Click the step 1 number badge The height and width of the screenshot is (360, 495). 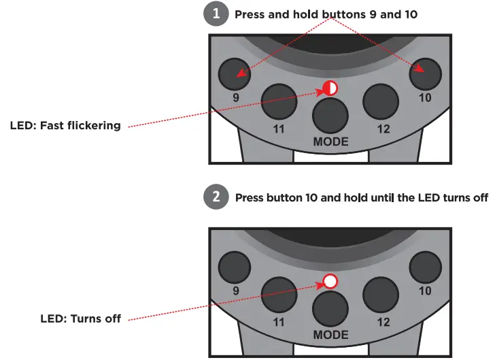216,15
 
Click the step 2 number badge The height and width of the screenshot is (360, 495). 216,198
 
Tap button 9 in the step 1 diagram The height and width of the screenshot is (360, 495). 234,73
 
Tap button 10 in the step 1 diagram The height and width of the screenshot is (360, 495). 426,73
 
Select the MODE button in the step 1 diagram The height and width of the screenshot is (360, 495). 330,115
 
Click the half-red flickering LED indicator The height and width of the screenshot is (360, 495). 330,88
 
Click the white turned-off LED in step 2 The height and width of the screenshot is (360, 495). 330,281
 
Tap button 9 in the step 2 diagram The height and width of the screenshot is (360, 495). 234,266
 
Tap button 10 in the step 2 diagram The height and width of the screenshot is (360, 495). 426,266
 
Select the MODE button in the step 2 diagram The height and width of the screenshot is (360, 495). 330,308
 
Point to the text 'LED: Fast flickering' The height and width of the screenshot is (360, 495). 65,125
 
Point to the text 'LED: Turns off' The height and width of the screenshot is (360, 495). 80,318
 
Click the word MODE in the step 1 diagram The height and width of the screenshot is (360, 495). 330,142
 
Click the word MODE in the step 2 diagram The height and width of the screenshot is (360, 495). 330,335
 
